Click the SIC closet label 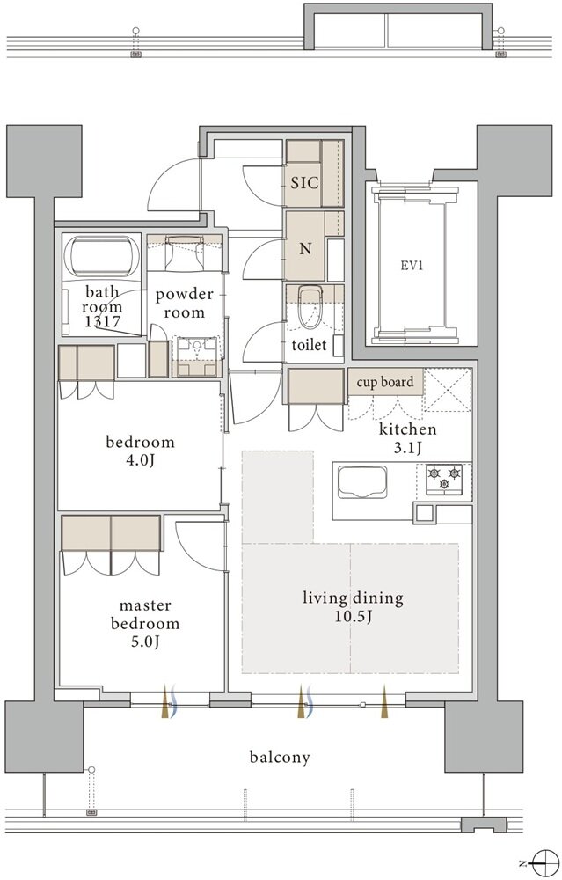pos(304,182)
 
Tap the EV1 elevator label pos(412,266)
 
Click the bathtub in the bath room pos(101,256)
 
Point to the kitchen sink pos(361,481)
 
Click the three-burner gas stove pos(444,479)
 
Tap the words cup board pos(385,382)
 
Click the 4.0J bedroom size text pos(140,461)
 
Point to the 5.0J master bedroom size pos(145,642)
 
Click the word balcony pos(280,758)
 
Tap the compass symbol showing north pos(541,862)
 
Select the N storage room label pos(305,249)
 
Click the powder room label pos(185,303)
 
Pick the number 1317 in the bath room pos(102,321)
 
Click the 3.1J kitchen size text pos(408,447)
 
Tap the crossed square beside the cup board pos(447,391)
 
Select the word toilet pos(309,345)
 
